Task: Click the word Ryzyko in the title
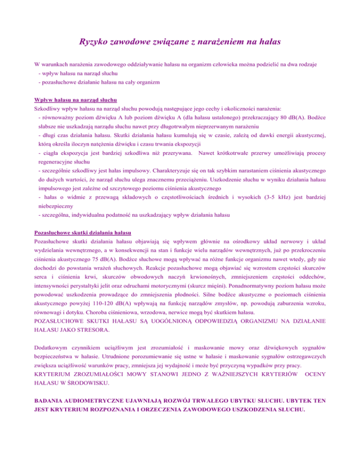[95, 42]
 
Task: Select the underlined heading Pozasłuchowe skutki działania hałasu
[83, 233]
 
